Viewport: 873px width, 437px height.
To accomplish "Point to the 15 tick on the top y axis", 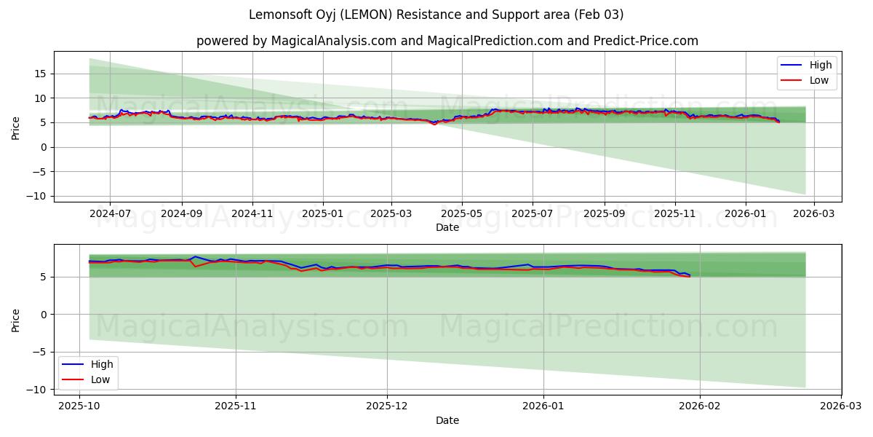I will tap(41, 74).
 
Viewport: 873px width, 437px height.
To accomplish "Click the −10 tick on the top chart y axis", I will tap(38, 196).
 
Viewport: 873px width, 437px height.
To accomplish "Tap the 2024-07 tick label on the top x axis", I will tap(110, 214).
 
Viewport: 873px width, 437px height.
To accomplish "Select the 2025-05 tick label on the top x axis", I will tap(462, 214).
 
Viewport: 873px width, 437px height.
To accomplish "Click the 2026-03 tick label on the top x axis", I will tap(813, 214).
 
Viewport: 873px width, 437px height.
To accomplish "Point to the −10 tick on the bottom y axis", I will tap(38, 390).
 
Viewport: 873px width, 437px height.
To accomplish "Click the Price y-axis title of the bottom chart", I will tap(16, 320).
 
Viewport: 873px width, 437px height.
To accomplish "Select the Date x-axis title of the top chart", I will tap(447, 227).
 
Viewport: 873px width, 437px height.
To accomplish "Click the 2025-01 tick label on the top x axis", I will tap(322, 214).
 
